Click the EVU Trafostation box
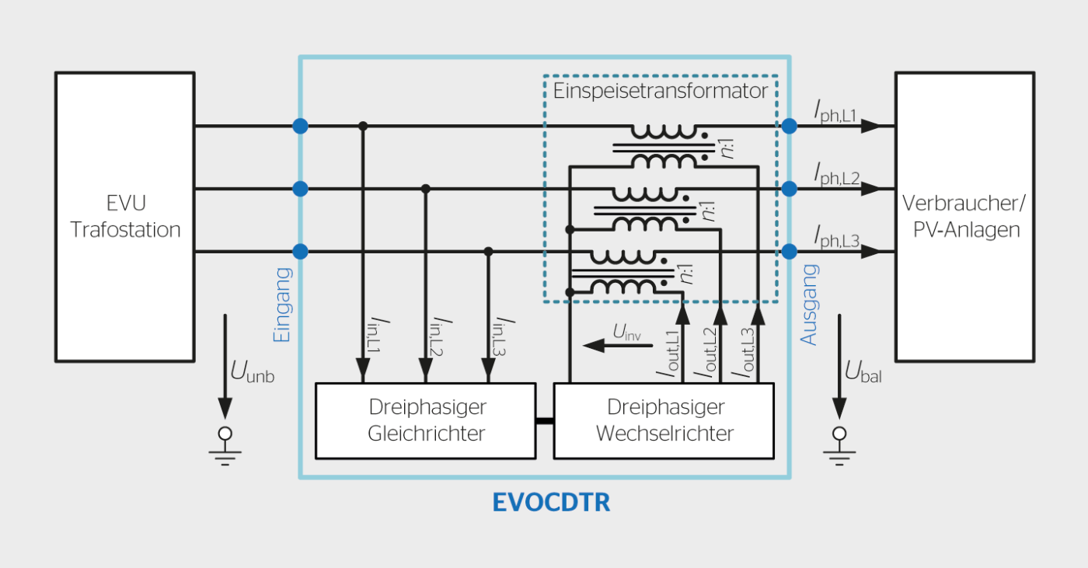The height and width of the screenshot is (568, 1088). coord(124,217)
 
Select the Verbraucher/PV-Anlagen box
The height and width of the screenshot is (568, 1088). coord(964,217)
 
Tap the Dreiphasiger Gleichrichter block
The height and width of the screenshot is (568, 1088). coord(426,420)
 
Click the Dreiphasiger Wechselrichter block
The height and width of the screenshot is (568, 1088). coord(664,420)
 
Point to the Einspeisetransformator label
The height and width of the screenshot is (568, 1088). coord(661,91)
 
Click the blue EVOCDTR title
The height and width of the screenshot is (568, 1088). coord(551,503)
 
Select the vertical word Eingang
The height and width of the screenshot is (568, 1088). coord(281,305)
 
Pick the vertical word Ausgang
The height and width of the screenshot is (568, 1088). coord(809,305)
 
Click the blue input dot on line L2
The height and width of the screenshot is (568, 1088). coord(300,189)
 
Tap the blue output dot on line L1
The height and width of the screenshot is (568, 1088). coord(790,126)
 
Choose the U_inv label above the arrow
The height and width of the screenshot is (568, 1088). coord(628,332)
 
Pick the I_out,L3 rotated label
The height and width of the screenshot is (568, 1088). coord(744,354)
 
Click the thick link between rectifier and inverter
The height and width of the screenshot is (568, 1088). coord(544,421)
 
